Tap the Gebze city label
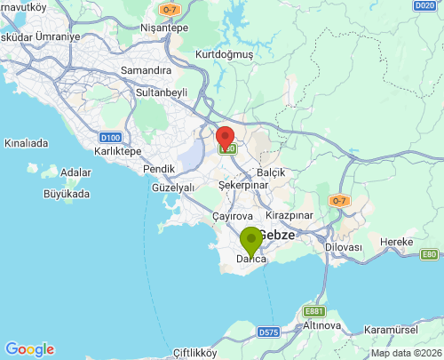276,234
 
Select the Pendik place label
159,169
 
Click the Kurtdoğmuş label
225,54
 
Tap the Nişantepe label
164,28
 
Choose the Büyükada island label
67,193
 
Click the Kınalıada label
26,142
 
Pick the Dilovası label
344,246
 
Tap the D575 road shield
269,332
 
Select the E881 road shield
313,311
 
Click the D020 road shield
424,5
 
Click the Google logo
29,349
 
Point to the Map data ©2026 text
405,353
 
